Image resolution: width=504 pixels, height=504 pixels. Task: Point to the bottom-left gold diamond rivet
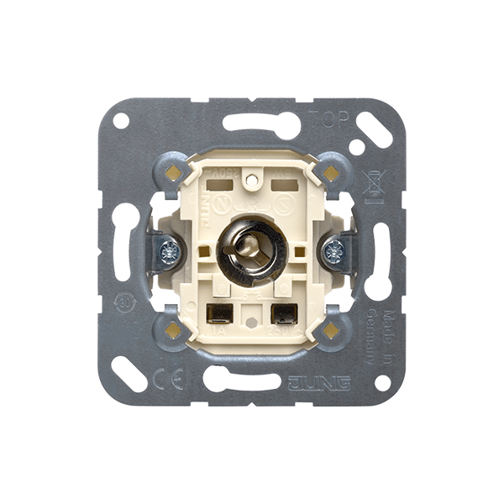tap(174, 329)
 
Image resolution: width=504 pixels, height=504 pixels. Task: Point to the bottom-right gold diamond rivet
tap(331, 329)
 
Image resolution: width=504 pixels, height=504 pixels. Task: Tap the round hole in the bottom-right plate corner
tap(383, 382)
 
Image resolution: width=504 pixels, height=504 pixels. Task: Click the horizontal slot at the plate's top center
tap(252, 122)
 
